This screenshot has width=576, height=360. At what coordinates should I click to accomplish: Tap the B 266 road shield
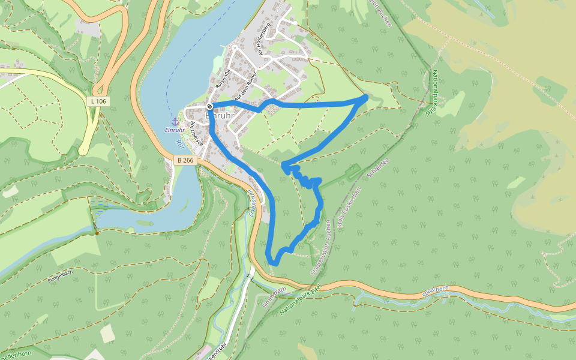click(x=185, y=160)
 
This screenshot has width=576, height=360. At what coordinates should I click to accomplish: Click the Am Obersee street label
click(x=196, y=133)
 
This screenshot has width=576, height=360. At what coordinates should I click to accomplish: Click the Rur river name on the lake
click(x=178, y=144)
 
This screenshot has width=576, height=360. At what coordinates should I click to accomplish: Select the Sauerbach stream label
click(x=435, y=289)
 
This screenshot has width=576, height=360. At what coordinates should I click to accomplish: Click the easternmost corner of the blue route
click(x=366, y=96)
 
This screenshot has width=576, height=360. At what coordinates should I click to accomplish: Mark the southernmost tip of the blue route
click(x=274, y=263)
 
